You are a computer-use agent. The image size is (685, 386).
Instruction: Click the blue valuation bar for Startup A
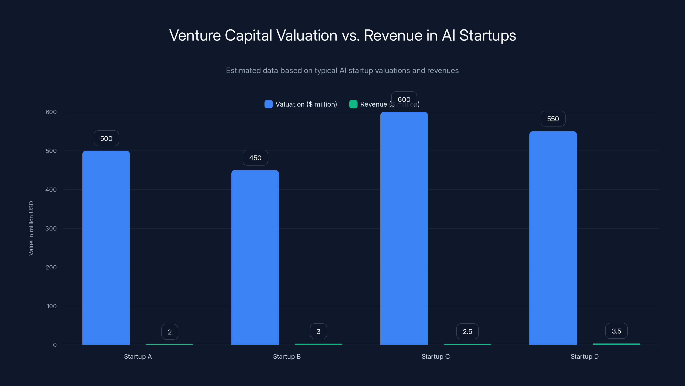click(106, 247)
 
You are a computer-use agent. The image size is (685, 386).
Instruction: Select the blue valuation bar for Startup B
click(255, 257)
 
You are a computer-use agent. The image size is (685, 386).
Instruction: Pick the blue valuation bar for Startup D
click(553, 238)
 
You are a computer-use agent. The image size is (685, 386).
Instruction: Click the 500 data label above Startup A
click(106, 139)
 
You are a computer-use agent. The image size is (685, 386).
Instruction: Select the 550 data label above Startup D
click(553, 119)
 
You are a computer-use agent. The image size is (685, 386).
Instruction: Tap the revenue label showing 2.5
click(467, 332)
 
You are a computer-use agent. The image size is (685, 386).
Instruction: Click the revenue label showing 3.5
click(616, 331)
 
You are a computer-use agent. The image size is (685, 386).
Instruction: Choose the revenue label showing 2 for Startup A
click(170, 332)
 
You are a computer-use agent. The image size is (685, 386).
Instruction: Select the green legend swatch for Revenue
click(353, 104)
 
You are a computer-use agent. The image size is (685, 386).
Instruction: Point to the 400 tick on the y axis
click(51, 190)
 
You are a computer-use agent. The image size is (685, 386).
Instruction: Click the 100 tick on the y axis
click(52, 306)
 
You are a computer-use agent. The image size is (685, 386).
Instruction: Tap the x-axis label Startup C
click(436, 356)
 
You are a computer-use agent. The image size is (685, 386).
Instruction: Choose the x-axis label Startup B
click(287, 356)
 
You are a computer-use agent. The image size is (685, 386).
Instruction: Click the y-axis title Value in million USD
click(31, 228)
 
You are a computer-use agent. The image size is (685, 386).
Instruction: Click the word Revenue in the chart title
click(393, 35)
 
